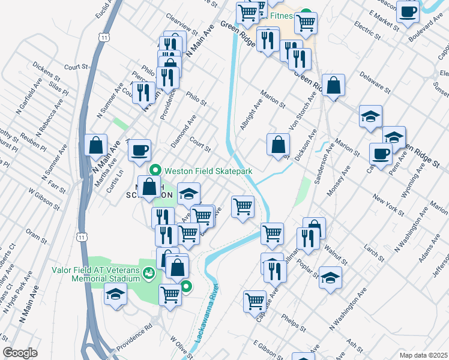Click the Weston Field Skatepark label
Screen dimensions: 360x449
click(x=208, y=171)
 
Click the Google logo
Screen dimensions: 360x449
click(x=20, y=353)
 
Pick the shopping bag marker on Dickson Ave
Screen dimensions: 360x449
click(x=278, y=145)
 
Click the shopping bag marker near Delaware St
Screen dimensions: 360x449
click(x=334, y=85)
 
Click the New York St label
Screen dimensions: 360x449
click(x=385, y=206)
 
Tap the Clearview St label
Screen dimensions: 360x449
click(x=181, y=25)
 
